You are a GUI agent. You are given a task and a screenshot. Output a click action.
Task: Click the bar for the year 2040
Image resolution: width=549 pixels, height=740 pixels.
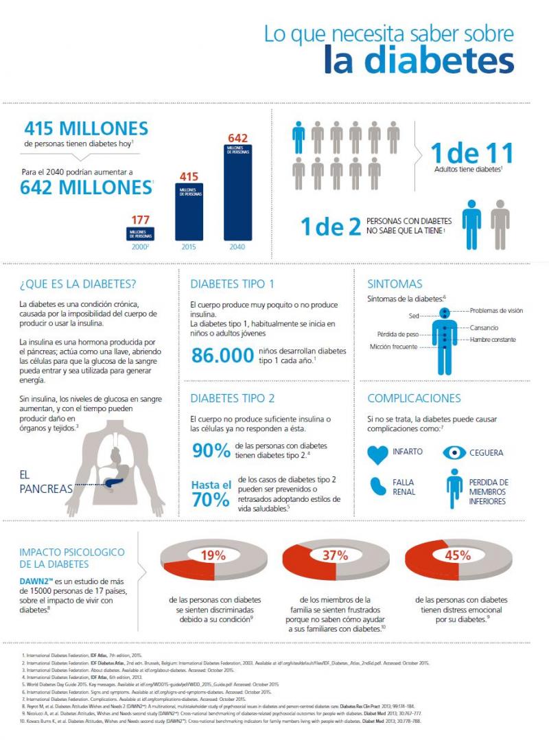coord(237,192)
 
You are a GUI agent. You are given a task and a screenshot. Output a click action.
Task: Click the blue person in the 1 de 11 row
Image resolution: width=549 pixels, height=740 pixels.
coord(299,138)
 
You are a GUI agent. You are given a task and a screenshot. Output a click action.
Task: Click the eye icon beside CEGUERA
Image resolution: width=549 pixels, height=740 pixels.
coord(454,452)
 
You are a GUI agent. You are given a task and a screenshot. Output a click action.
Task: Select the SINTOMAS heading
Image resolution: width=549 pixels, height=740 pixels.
coord(395,284)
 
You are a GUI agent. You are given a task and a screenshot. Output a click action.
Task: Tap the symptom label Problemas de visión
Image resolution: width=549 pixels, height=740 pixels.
coord(496,311)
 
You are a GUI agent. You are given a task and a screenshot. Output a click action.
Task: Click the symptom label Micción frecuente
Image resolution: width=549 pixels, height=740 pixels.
coord(394,347)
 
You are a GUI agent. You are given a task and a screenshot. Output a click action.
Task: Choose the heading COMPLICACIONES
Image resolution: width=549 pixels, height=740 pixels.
coord(414,398)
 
